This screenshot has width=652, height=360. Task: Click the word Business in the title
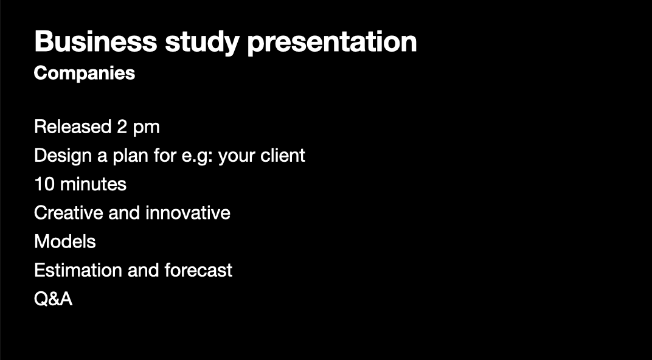95,41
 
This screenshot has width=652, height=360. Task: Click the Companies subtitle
85,74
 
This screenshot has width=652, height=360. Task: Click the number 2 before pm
122,126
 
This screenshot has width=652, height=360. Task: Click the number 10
44,184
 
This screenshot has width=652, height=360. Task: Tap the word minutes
93,184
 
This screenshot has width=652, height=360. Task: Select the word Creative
69,213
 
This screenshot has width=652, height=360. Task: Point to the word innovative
187,213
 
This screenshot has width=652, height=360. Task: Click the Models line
65,241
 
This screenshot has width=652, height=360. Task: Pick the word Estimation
78,270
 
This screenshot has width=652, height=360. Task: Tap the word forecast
198,270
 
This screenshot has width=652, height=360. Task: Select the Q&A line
54,299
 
